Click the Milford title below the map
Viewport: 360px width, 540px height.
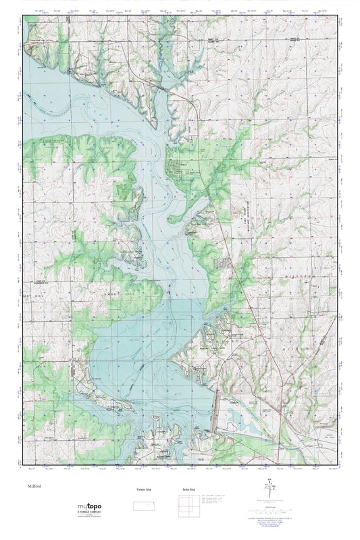point(35,485)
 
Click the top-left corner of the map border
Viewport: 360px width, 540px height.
point(24,16)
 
